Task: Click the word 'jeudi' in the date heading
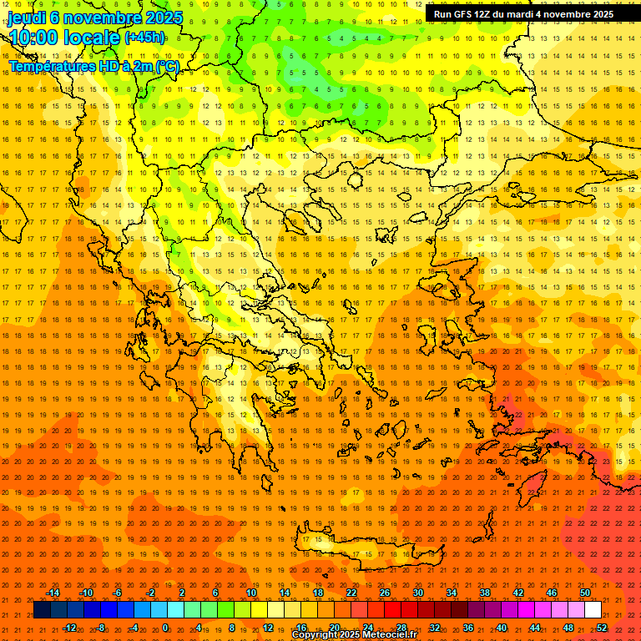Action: pyautogui.click(x=27, y=18)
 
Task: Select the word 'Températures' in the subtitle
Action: pyautogui.click(x=50, y=66)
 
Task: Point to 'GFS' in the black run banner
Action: pyautogui.click(x=463, y=14)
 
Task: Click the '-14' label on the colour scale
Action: pyautogui.click(x=53, y=593)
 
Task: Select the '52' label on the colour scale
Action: pyautogui.click(x=601, y=627)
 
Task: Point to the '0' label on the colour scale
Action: pyautogui.click(x=165, y=627)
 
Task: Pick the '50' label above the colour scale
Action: pyautogui.click(x=584, y=593)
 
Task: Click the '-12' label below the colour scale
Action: pyautogui.click(x=69, y=627)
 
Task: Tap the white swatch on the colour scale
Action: pyautogui.click(x=593, y=610)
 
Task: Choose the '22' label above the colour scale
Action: pyautogui.click(x=351, y=593)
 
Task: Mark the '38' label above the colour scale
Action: pyautogui.click(x=484, y=593)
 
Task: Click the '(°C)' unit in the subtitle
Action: pyautogui.click(x=166, y=66)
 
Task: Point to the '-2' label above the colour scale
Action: pyautogui.click(x=150, y=593)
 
